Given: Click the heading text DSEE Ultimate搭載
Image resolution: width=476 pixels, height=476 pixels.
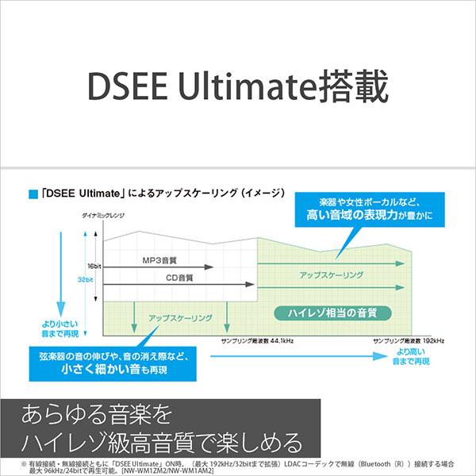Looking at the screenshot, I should coord(238,86).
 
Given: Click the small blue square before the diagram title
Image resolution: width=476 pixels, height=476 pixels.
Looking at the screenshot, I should coord(33,193).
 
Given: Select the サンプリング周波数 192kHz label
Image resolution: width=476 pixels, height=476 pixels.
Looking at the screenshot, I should coord(409,340).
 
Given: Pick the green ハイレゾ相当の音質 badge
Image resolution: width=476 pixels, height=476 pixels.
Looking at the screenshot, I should coord(326,312).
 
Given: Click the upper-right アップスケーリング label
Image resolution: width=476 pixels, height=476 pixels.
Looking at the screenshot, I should coord(332,274).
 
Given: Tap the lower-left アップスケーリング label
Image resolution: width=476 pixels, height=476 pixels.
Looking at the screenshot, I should coord(180,317).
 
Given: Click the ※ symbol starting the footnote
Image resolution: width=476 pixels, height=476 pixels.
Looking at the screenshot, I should coord(6,462).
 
